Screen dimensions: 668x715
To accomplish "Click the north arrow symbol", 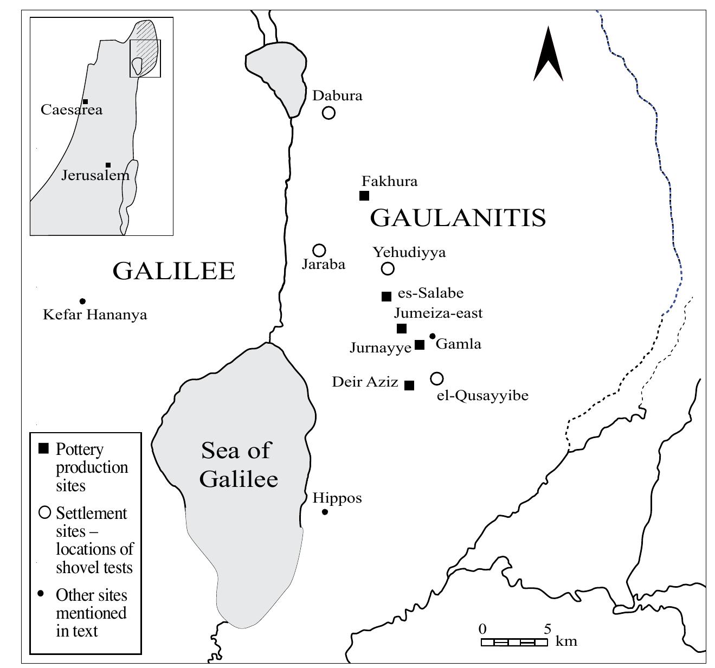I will [548, 54].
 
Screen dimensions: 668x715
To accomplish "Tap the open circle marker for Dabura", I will [328, 113].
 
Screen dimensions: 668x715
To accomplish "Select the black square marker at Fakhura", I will [364, 196].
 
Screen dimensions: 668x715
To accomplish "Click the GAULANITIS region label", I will [458, 218].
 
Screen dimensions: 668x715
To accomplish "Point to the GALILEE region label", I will [173, 271].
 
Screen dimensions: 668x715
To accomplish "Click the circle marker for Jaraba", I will [319, 251].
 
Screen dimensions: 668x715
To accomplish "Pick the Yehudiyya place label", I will [409, 252].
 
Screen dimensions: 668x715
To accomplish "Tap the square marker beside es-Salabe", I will [387, 296].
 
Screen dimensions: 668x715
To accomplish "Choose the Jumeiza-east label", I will [438, 313].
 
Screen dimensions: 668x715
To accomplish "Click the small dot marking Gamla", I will [433, 336].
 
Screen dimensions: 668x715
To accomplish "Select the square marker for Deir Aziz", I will [410, 386].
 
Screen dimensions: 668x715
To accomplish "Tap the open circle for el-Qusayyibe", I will [437, 378].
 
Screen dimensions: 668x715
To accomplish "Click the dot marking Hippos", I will [325, 512].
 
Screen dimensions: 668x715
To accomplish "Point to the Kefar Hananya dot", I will [82, 301].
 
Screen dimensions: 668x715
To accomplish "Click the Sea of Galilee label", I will [238, 464].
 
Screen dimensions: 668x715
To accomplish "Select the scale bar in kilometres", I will [514, 642].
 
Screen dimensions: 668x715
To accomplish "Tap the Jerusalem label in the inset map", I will [95, 176].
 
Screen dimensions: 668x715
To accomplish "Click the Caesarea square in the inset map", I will [85, 102].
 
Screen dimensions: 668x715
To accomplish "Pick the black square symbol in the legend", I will [44, 449].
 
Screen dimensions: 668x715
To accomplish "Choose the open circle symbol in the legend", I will [44, 512].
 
